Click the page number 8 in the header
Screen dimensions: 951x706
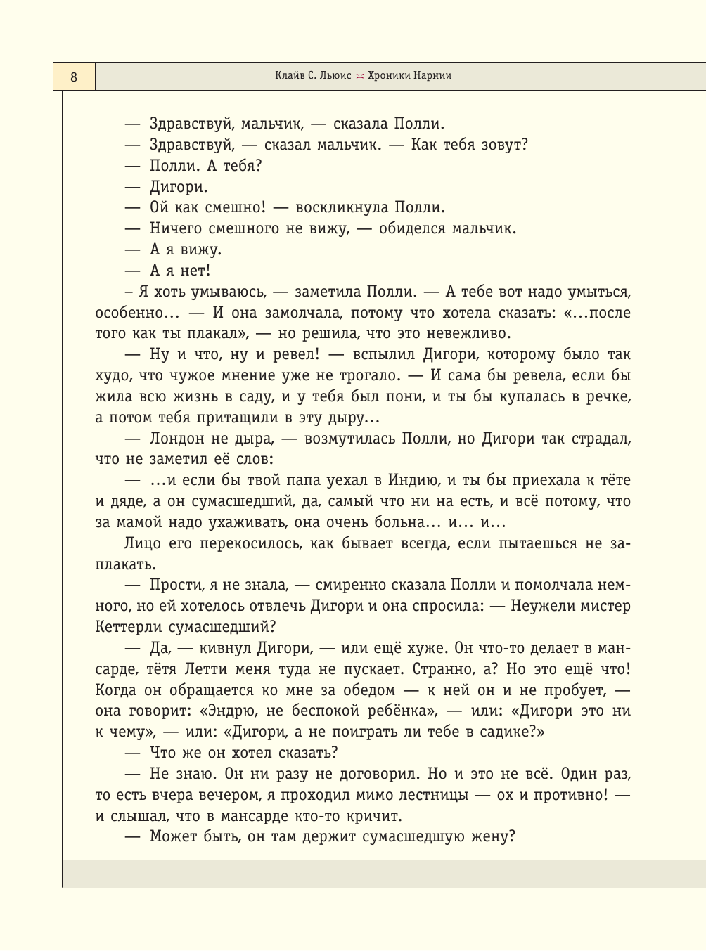point(74,77)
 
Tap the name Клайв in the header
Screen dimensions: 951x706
point(289,76)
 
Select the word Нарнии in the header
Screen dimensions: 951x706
point(432,76)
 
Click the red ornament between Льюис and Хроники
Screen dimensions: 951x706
point(359,77)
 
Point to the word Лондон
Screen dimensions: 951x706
point(176,439)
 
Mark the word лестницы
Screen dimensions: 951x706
point(428,795)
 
